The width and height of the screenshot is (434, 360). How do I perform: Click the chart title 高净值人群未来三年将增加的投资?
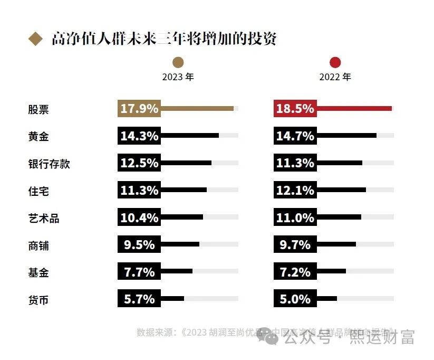pos(163,39)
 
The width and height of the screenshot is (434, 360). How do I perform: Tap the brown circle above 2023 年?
pos(178,62)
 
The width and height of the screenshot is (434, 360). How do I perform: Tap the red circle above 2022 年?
pos(335,62)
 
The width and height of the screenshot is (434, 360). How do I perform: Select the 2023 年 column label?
pos(178,77)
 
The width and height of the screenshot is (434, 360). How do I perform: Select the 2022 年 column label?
pos(335,77)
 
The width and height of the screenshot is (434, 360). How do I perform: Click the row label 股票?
pos(38,109)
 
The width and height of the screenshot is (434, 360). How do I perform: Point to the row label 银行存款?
pos(49,164)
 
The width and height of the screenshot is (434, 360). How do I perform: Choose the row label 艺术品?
pos(44,218)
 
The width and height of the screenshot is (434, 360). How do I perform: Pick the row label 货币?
pos(38,300)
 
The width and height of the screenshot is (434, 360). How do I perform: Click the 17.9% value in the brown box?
pos(139,109)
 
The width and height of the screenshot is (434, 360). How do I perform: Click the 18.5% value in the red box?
pos(295,109)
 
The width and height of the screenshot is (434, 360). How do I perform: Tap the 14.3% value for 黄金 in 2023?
pos(139,136)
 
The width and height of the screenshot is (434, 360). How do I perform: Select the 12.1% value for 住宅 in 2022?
pos(295,191)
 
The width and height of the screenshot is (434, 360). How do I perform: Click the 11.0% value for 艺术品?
pos(295,217)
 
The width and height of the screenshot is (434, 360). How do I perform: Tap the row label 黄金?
pos(38,136)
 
